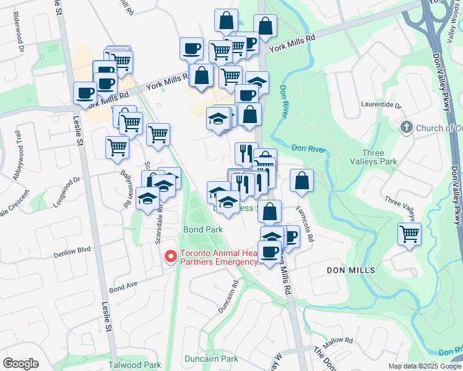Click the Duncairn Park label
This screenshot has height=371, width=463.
coord(211,359)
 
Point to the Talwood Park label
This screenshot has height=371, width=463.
coord(134,365)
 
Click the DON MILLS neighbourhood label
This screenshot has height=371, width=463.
coord(350,271)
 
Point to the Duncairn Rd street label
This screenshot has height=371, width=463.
coord(228,296)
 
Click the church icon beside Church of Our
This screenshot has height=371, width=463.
coord(406,128)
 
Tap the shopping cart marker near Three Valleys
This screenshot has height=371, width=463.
coord(409,234)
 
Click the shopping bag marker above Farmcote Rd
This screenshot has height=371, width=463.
coord(301,181)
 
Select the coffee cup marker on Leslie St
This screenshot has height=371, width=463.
coord(84,93)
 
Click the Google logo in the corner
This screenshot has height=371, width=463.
coord(20,364)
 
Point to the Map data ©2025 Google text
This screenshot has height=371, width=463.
coord(424,366)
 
